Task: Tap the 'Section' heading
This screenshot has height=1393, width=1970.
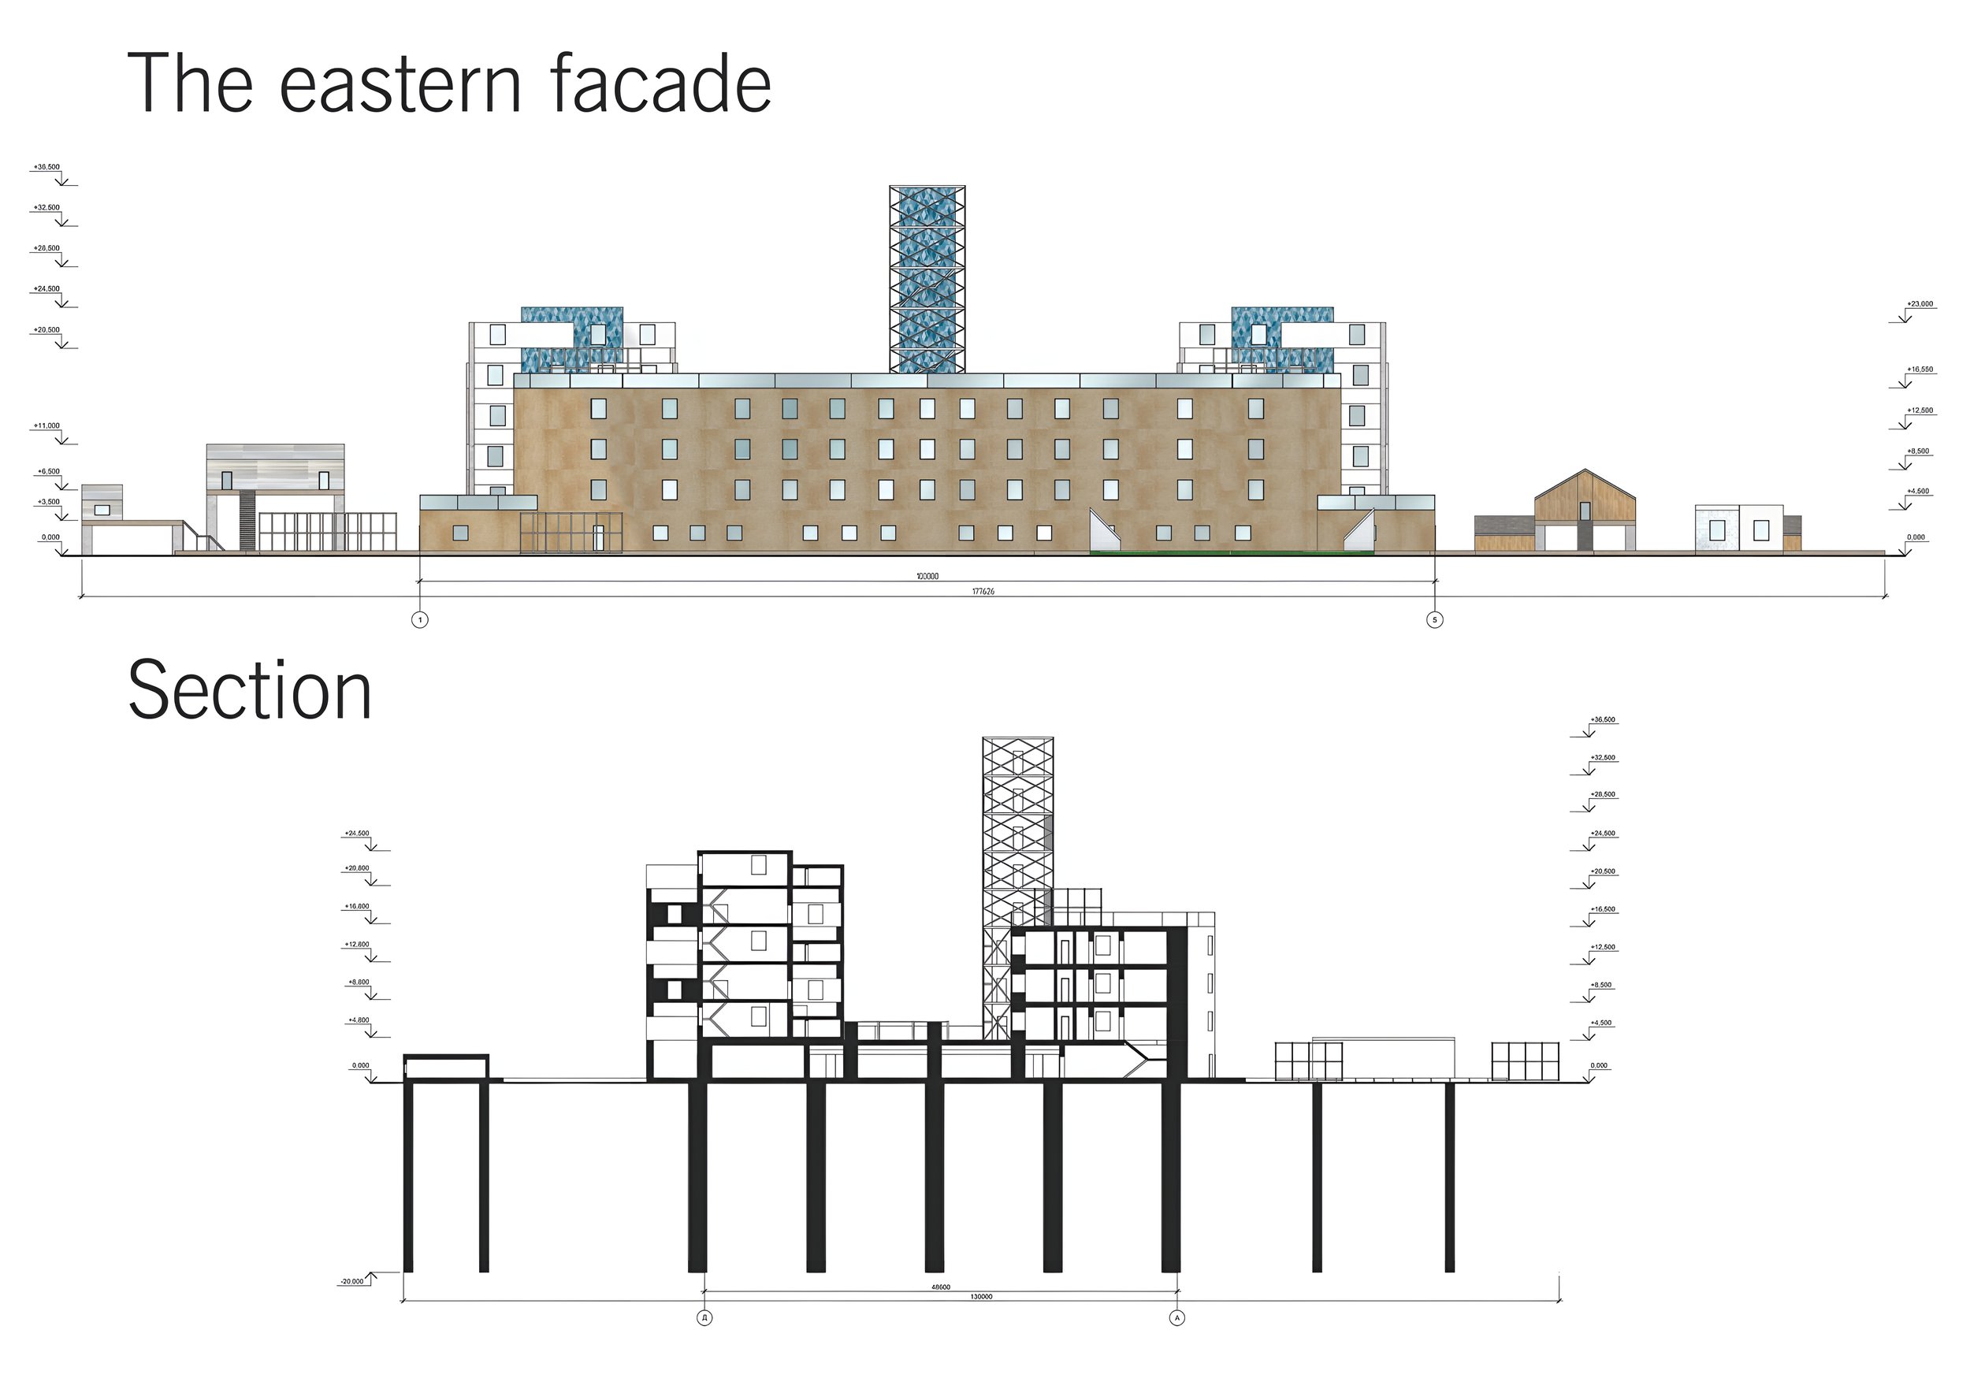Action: (x=250, y=691)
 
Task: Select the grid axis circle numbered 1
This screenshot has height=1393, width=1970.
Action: (x=419, y=619)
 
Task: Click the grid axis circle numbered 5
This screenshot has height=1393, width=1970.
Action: (x=1435, y=619)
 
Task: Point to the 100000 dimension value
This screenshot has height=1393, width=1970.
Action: (x=927, y=577)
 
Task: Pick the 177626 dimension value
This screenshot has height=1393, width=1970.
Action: (x=983, y=592)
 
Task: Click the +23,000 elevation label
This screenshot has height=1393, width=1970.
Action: (x=1920, y=303)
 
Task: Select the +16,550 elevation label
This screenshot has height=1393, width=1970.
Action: (x=1920, y=370)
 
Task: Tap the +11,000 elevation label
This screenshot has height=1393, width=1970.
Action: (x=47, y=425)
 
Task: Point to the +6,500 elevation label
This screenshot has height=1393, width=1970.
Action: (x=49, y=472)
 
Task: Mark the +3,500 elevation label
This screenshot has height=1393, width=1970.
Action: (x=49, y=502)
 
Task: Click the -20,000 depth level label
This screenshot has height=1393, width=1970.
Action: (x=351, y=1281)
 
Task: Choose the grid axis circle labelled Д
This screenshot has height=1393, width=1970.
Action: (x=704, y=1317)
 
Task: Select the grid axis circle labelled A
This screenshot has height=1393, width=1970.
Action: (x=1177, y=1317)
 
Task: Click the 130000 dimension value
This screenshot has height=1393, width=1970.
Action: (x=982, y=1297)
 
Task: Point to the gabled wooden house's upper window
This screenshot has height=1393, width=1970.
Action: (x=1585, y=511)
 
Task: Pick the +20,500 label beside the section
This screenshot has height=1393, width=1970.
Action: (x=1603, y=871)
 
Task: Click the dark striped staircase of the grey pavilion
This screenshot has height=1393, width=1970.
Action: (x=247, y=521)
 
